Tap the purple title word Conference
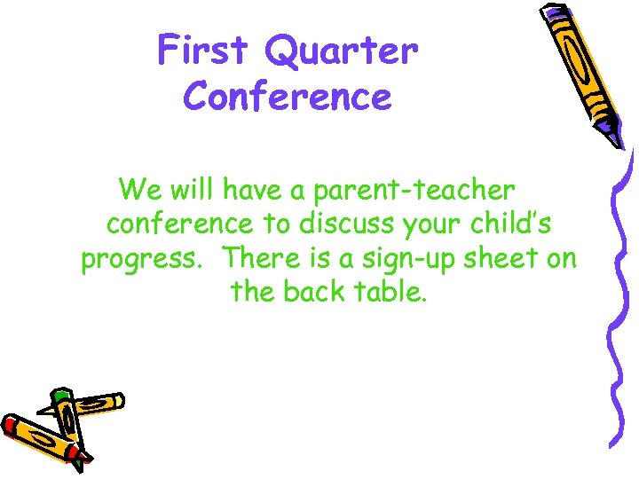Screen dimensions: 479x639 (287, 96)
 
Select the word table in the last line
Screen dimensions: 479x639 (395, 291)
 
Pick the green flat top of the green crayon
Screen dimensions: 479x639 (60, 393)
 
